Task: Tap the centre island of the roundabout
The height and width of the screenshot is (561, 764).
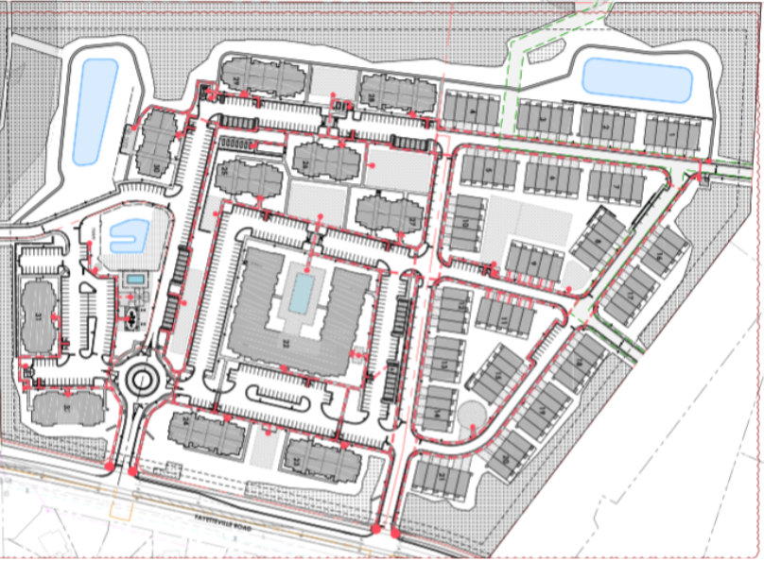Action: point(143,381)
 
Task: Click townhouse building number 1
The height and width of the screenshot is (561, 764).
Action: point(671,132)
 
